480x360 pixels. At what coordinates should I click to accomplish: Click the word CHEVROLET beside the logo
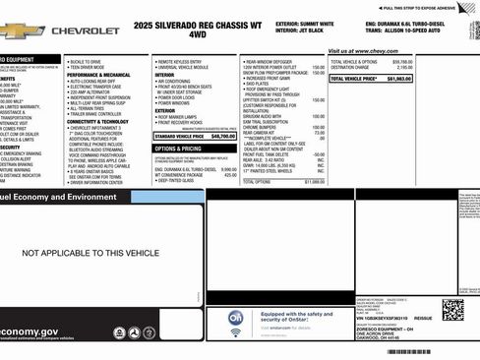85,31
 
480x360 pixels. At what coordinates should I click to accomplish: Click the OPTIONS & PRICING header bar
177,148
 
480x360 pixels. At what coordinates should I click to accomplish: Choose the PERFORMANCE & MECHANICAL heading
98,75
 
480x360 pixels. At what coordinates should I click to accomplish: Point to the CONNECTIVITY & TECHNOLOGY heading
98,121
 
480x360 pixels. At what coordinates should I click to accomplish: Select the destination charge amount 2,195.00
453,67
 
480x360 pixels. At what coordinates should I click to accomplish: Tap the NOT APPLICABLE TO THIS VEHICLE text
90,253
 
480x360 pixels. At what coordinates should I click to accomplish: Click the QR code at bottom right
452,309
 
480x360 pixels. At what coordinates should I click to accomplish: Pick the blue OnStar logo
236,318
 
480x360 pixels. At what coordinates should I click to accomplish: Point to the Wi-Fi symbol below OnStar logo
236,332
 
